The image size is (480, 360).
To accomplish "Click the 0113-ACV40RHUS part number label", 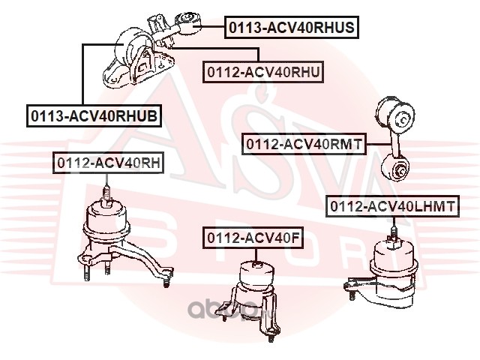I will [x=292, y=28].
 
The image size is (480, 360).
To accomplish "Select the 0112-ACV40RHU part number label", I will [x=263, y=72].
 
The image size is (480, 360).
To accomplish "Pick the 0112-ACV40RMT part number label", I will [x=303, y=142].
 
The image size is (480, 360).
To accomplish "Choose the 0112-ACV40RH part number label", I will [x=106, y=163].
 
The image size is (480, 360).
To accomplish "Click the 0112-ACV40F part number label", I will [x=252, y=238].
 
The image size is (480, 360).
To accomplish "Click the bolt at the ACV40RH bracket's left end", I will [x=88, y=278].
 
